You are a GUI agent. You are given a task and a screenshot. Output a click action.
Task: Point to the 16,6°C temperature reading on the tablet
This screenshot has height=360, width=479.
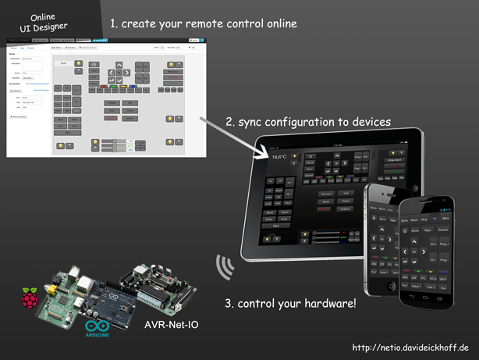click(x=279, y=157)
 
